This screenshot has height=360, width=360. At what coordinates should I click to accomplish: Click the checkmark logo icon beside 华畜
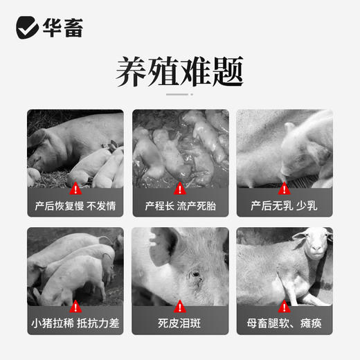click(28, 28)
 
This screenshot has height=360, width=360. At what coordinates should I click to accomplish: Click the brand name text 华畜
click(64, 28)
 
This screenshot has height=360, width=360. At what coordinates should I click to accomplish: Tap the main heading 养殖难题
click(179, 73)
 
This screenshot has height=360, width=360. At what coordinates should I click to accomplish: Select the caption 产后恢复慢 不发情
click(75, 206)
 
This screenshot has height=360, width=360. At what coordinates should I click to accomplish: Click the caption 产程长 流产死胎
click(180, 206)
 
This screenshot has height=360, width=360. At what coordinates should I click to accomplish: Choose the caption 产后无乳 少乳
click(285, 206)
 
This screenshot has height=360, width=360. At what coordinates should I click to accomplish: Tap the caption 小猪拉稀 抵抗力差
click(75, 323)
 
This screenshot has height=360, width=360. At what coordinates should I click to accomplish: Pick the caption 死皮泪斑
click(180, 323)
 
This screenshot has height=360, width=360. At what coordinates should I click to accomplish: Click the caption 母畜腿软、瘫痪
click(285, 323)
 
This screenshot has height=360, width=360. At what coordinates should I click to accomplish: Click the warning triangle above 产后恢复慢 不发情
click(75, 188)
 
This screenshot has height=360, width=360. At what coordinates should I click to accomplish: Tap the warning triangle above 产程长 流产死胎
click(180, 188)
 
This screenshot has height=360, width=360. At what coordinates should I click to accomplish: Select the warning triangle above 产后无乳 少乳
click(285, 188)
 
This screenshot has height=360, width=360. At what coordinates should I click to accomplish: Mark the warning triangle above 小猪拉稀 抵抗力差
click(75, 305)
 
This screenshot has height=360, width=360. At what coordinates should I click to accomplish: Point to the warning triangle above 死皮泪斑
click(180, 305)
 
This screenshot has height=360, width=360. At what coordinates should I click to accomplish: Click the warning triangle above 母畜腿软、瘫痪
click(285, 305)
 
